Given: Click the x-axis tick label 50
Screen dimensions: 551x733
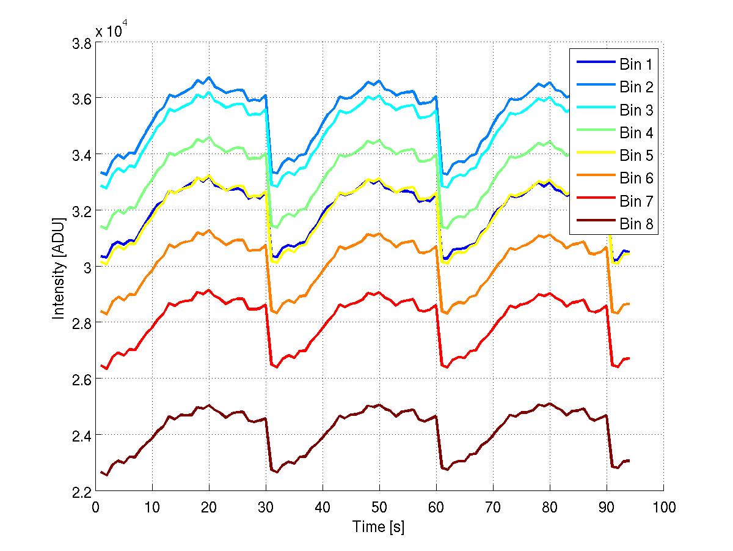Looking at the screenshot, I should [x=379, y=507].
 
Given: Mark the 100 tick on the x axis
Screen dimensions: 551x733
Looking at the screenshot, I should [x=663, y=507].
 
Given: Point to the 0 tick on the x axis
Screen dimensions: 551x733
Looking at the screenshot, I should [x=96, y=507].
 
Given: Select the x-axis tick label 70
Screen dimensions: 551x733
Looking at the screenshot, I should [x=493, y=507].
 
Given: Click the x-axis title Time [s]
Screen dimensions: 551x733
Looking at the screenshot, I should [x=379, y=527].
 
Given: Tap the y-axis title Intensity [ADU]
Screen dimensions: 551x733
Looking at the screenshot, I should [x=59, y=267].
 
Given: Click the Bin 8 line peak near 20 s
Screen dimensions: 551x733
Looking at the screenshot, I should [x=209, y=405].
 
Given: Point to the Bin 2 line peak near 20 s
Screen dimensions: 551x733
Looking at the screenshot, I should [x=209, y=78].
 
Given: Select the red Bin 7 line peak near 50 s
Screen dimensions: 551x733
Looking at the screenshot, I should [x=379, y=292].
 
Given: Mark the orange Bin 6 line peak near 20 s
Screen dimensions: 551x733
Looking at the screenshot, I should [x=209, y=231].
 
